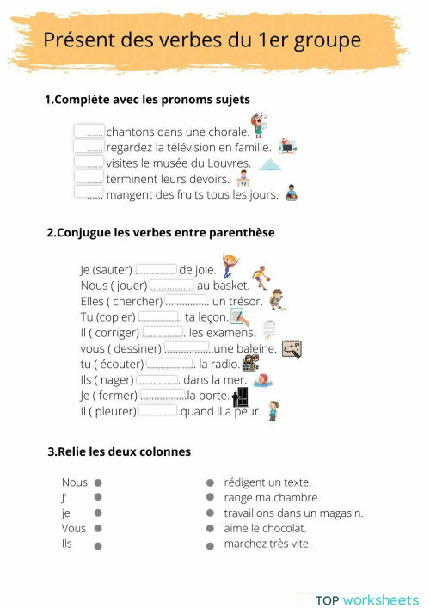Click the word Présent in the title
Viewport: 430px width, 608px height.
pos(78,40)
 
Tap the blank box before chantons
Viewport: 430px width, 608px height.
pos(89,132)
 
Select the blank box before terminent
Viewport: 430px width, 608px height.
pos(89,178)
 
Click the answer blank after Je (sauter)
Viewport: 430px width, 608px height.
pos(157,269)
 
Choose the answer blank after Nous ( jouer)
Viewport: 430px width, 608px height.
pos(171,285)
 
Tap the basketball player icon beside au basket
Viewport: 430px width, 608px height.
pos(261,278)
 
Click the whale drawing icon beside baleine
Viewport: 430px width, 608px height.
pos(292,348)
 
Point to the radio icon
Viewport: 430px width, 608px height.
pos(250,363)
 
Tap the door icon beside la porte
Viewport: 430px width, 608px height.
pos(241,396)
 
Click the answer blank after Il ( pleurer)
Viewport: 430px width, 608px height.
pos(158,411)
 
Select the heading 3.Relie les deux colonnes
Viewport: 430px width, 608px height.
pos(120,451)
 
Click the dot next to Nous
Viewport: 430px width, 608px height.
pos(98,483)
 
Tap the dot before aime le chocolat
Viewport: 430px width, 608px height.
pos(210,530)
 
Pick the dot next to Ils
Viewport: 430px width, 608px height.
pos(98,545)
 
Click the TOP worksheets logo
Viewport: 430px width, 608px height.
pos(367,599)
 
